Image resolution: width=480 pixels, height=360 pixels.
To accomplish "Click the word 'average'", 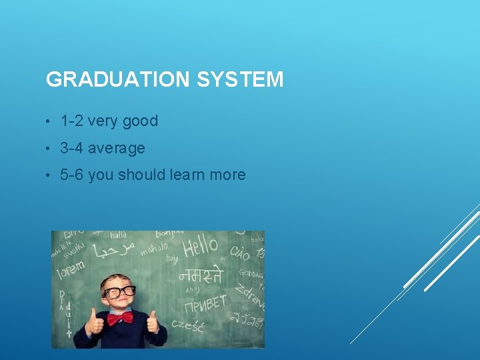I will point(116,148).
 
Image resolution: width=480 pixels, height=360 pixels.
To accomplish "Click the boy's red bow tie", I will point(120,318).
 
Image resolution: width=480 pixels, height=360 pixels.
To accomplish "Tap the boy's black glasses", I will point(119,292).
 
